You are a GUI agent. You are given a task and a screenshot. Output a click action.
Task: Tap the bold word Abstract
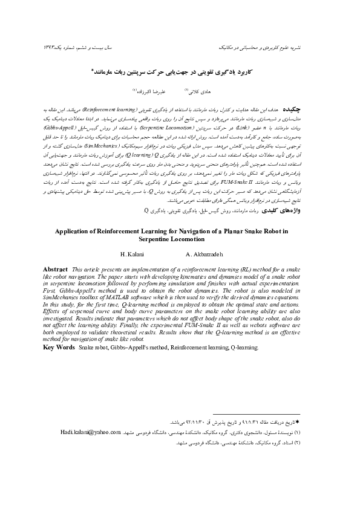click(x=55, y=284)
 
